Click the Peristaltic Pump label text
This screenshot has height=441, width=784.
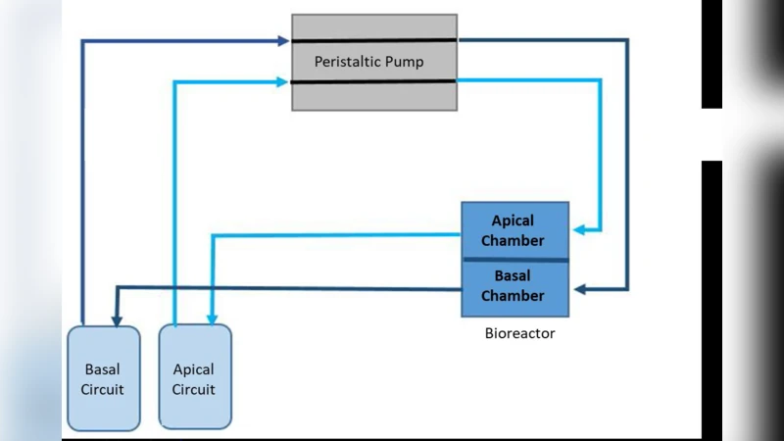pos(368,62)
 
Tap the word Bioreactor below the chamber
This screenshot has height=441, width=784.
pos(519,333)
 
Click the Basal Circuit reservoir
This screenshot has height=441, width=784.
pos(102,378)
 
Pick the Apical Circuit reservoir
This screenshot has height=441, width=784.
pos(194,378)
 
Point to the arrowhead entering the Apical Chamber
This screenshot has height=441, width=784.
pos(579,230)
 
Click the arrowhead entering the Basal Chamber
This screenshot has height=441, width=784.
pos(579,289)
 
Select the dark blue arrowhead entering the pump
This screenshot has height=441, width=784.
pos(285,41)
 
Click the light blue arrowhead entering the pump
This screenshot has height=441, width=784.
pos(285,83)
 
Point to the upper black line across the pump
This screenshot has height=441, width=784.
pos(374,40)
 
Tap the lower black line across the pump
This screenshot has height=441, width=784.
pos(374,82)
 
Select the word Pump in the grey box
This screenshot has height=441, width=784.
pos(404,62)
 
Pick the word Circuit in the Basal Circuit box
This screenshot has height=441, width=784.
pos(102,388)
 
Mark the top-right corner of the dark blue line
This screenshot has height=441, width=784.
pos(627,41)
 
